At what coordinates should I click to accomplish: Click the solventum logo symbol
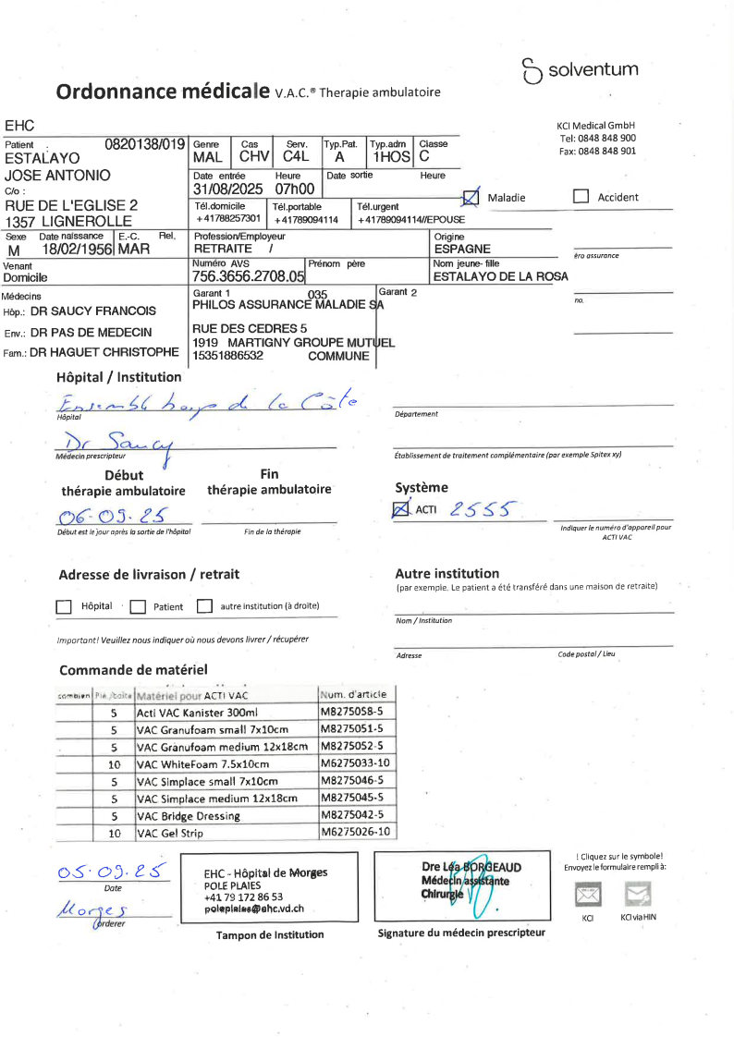pos(532,70)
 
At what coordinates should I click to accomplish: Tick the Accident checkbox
pos(581,197)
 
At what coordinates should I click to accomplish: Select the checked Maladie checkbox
pos(471,197)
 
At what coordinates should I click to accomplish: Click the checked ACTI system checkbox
pos(402,508)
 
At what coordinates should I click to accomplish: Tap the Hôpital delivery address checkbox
pos(64,607)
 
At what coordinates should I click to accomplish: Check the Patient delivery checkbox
pos(138,607)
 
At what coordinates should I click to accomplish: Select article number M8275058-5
pos(357,713)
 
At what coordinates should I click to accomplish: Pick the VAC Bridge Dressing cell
pos(188,816)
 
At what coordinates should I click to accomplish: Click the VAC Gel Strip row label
pos(169,833)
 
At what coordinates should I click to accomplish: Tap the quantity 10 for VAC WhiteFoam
pos(115,764)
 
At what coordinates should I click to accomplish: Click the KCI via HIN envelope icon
pos(639,894)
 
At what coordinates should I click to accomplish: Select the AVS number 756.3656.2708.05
pos(248,276)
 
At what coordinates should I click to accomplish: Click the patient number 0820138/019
pos(145,144)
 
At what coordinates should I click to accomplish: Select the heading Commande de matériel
pos(133,670)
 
